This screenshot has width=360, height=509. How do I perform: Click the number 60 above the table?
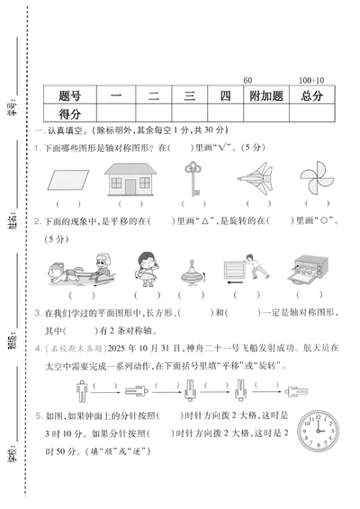(x=247, y=81)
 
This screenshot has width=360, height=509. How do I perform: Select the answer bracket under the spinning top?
(x=192, y=294)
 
